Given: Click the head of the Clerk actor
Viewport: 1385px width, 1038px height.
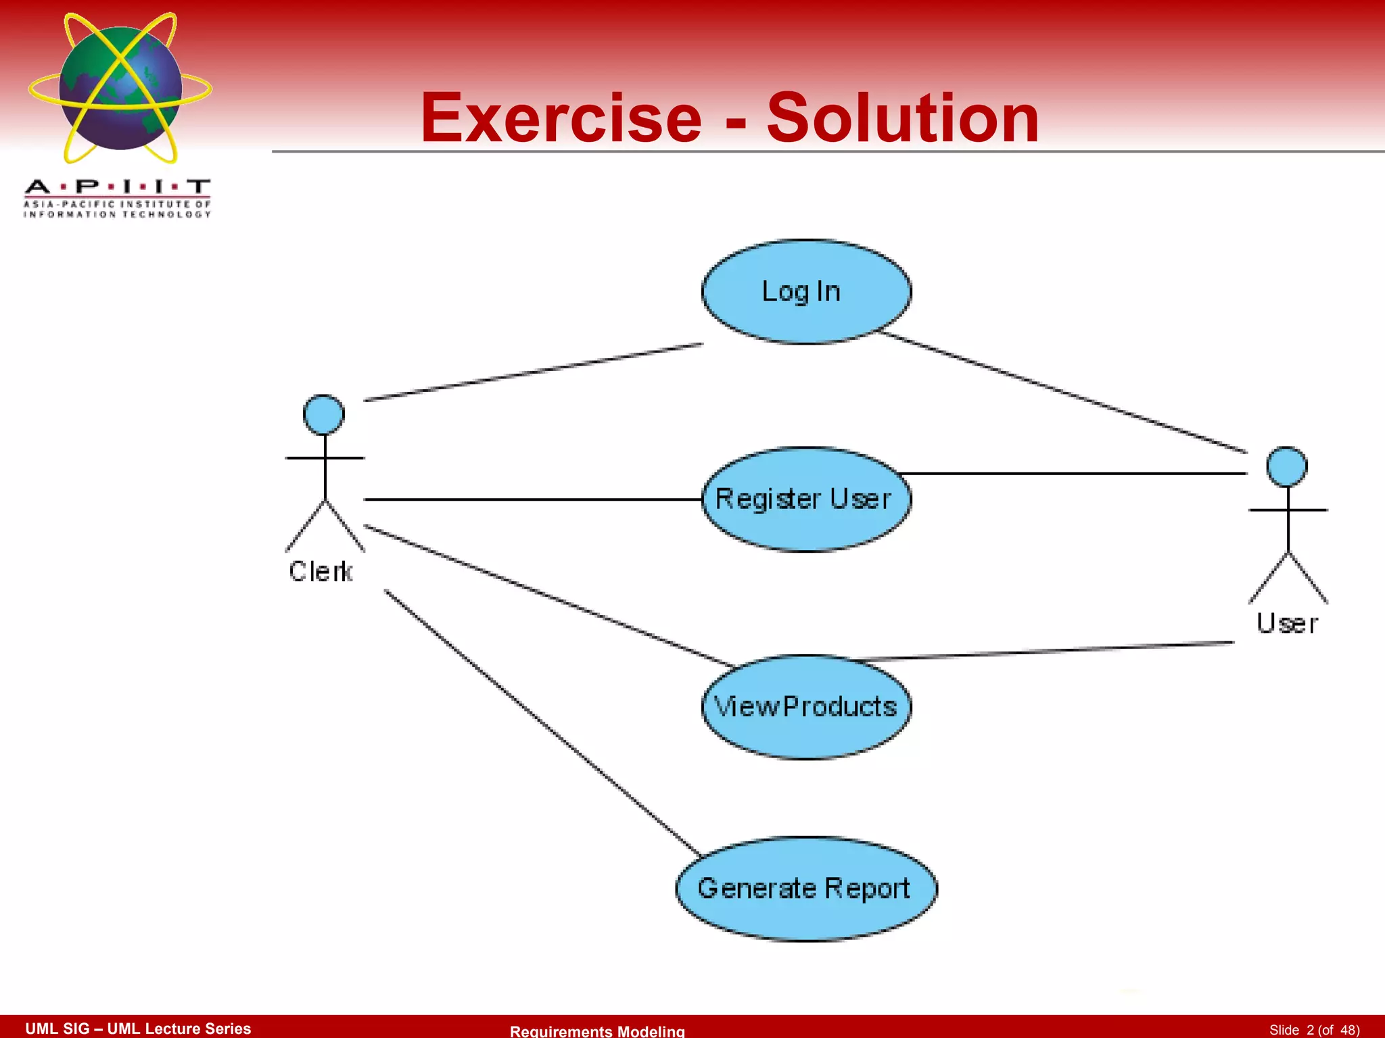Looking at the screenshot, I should click(324, 414).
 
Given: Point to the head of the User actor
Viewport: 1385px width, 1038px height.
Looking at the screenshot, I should click(1287, 466).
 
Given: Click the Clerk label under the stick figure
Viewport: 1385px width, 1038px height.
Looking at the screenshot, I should click(321, 572).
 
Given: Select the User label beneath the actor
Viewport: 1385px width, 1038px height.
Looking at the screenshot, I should click(1287, 623).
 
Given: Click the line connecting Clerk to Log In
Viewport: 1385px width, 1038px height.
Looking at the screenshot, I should click(534, 372).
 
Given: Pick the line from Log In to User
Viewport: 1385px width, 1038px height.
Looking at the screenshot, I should click(1062, 392).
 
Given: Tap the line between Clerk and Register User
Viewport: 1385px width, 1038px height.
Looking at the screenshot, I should click(534, 499).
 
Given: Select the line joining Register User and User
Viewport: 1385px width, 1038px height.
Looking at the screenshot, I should click(1075, 473).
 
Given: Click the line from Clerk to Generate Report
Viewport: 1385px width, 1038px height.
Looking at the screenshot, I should click(541, 722).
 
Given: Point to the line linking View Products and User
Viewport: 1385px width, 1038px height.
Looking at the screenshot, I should click(1048, 651).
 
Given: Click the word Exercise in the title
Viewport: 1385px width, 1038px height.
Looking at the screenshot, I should click(561, 119).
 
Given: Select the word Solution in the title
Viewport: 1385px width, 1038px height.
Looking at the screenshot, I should click(903, 119).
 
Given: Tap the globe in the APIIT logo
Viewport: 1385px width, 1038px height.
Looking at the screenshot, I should click(120, 88).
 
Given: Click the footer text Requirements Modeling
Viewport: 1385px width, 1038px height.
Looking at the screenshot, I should click(597, 1031).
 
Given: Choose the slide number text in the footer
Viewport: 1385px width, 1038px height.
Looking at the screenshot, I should click(1314, 1030).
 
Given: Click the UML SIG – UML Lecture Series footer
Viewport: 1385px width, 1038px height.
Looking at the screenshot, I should click(138, 1029).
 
